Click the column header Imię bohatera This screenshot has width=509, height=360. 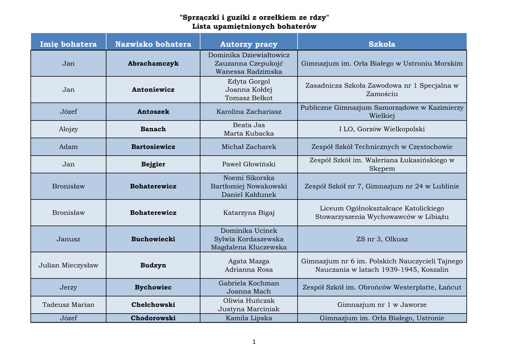point(69,44)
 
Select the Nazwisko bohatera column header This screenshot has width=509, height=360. point(153,44)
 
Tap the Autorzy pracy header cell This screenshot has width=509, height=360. point(249,44)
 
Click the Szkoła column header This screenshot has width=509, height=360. point(382,44)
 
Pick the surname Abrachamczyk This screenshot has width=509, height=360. point(153,64)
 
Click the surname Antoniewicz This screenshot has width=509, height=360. point(153,90)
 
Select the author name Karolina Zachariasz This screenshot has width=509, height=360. point(249,112)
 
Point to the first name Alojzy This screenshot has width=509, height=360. point(69,129)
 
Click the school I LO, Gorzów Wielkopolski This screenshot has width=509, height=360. point(382,129)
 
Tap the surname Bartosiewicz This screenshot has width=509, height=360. point(153,147)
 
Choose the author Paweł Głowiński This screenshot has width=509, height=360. point(249,165)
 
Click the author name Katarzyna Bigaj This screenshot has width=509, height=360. point(249,213)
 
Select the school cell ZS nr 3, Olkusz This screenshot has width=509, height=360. point(382,239)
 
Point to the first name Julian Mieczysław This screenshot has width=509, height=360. point(69,266)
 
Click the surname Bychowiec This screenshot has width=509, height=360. point(153,287)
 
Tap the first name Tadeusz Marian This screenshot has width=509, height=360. point(69,305)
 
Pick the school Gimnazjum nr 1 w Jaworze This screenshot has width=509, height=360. point(382,305)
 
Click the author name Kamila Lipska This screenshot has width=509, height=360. point(249,318)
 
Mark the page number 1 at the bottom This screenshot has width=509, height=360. point(254,342)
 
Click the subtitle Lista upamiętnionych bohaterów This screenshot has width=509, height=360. point(254,26)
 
